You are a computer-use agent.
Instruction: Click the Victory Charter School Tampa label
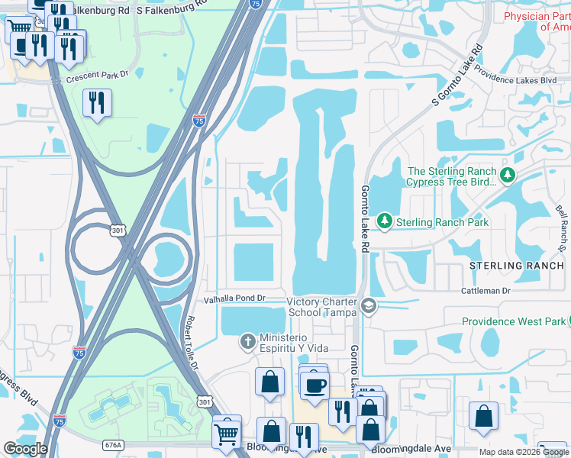pyautogui.click(x=321, y=307)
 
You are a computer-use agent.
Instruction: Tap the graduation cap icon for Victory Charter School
pyautogui.click(x=369, y=306)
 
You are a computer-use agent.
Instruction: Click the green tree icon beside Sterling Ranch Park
pyautogui.click(x=386, y=221)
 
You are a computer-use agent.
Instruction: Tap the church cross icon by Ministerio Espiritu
pyautogui.click(x=247, y=341)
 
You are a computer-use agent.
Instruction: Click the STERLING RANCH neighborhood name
pyautogui.click(x=517, y=266)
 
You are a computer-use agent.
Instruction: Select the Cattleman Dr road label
pyautogui.click(x=485, y=292)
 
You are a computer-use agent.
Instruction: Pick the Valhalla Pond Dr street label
pyautogui.click(x=234, y=298)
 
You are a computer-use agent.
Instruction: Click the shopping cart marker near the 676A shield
pyautogui.click(x=227, y=433)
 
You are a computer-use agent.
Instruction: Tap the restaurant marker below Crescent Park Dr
pyautogui.click(x=97, y=103)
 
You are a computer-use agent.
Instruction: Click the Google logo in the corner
pyautogui.click(x=25, y=449)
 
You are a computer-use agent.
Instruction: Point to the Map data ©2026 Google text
pyautogui.click(x=523, y=453)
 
